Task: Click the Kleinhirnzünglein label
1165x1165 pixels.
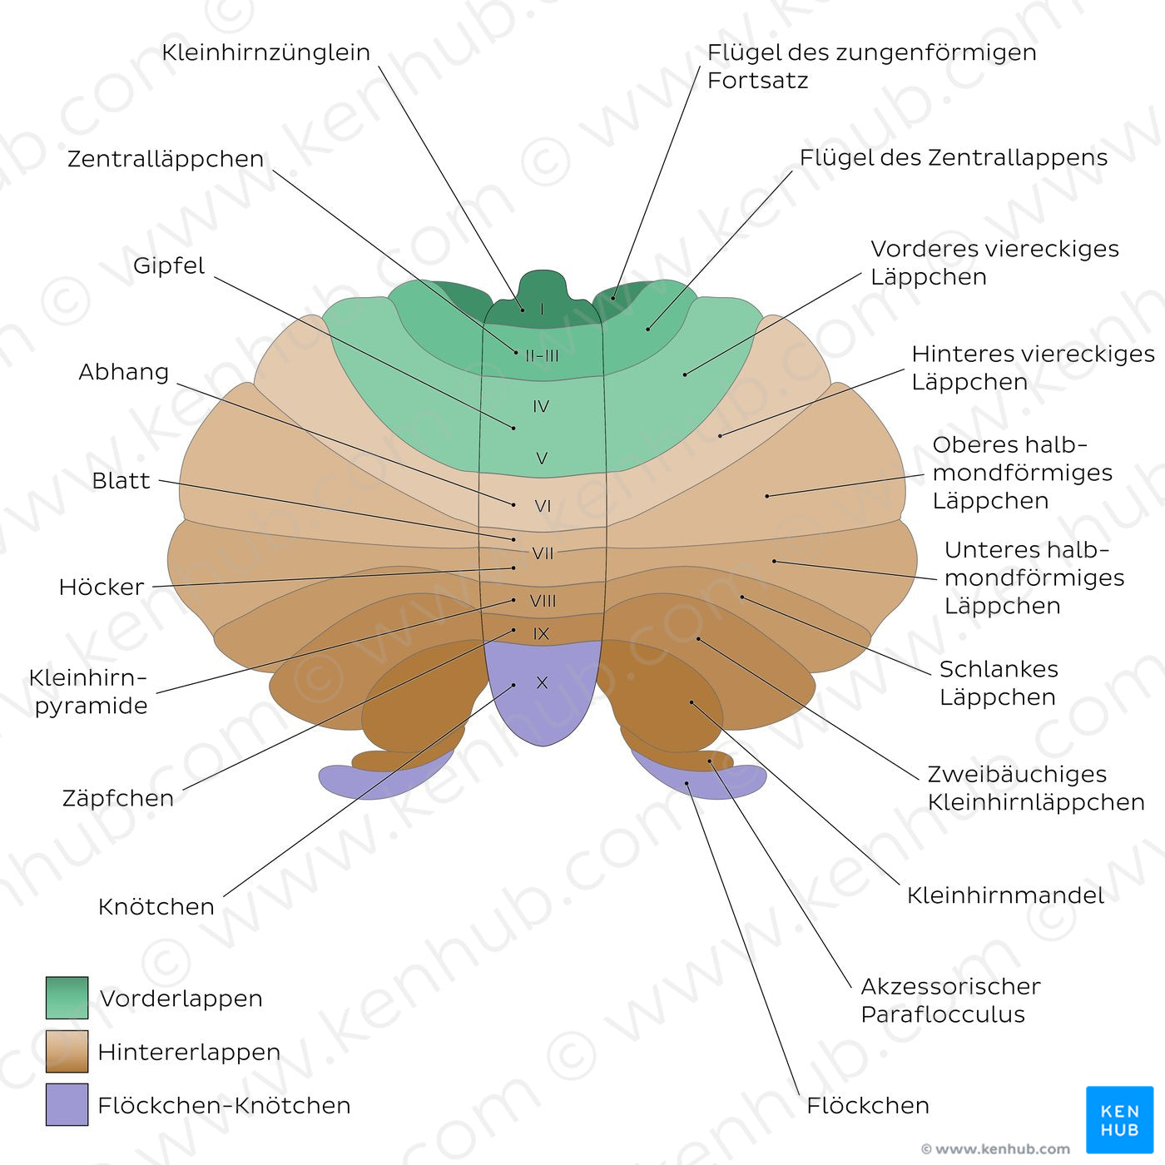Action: coord(265,52)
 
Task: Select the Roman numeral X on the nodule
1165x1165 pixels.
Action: coord(542,683)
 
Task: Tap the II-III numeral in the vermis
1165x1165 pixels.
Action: coord(542,356)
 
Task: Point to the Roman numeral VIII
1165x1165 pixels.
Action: coord(543,601)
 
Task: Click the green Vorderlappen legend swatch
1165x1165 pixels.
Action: coord(67,998)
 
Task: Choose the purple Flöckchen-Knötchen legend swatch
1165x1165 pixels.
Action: coord(67,1104)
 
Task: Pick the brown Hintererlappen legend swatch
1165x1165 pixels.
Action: coord(67,1051)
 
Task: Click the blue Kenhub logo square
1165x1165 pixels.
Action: coord(1119,1119)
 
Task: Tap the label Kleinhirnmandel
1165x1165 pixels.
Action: coord(1005,895)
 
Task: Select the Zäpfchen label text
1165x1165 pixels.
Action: coord(118,798)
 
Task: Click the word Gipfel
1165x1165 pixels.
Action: coord(169,265)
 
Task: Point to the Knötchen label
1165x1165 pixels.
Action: coord(156,906)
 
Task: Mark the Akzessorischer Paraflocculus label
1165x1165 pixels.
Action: coord(950,1000)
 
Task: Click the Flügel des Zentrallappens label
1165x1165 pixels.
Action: coord(954,158)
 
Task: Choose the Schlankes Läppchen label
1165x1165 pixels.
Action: coord(999,682)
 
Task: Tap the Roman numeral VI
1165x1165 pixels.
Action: coord(543,506)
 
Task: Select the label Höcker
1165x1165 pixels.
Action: coord(102,587)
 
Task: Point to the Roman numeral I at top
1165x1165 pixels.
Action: coord(542,310)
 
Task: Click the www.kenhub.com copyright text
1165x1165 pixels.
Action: coord(995,1149)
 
